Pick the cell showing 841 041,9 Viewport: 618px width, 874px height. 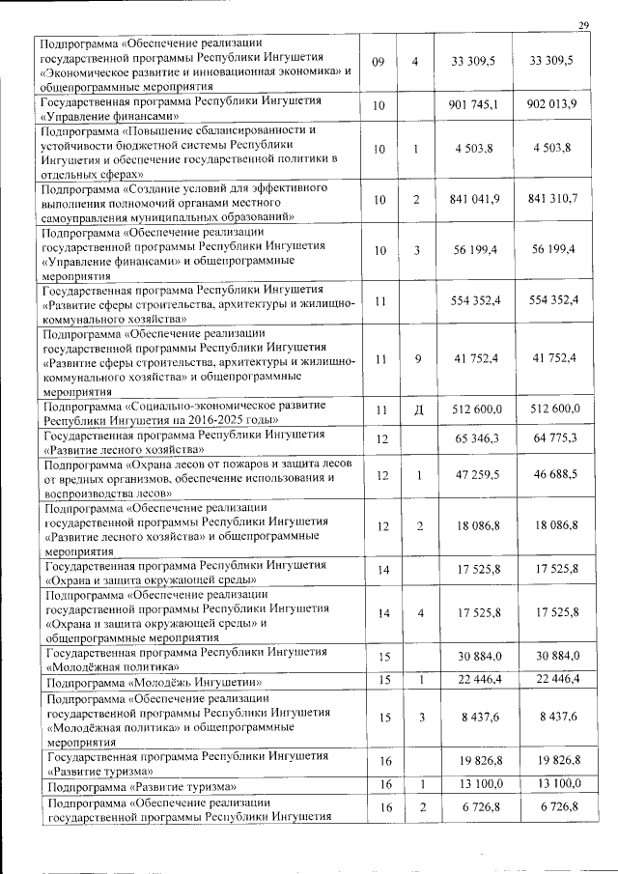(473, 199)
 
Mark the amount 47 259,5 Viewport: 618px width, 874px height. (473, 476)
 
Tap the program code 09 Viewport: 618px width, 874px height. (378, 61)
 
